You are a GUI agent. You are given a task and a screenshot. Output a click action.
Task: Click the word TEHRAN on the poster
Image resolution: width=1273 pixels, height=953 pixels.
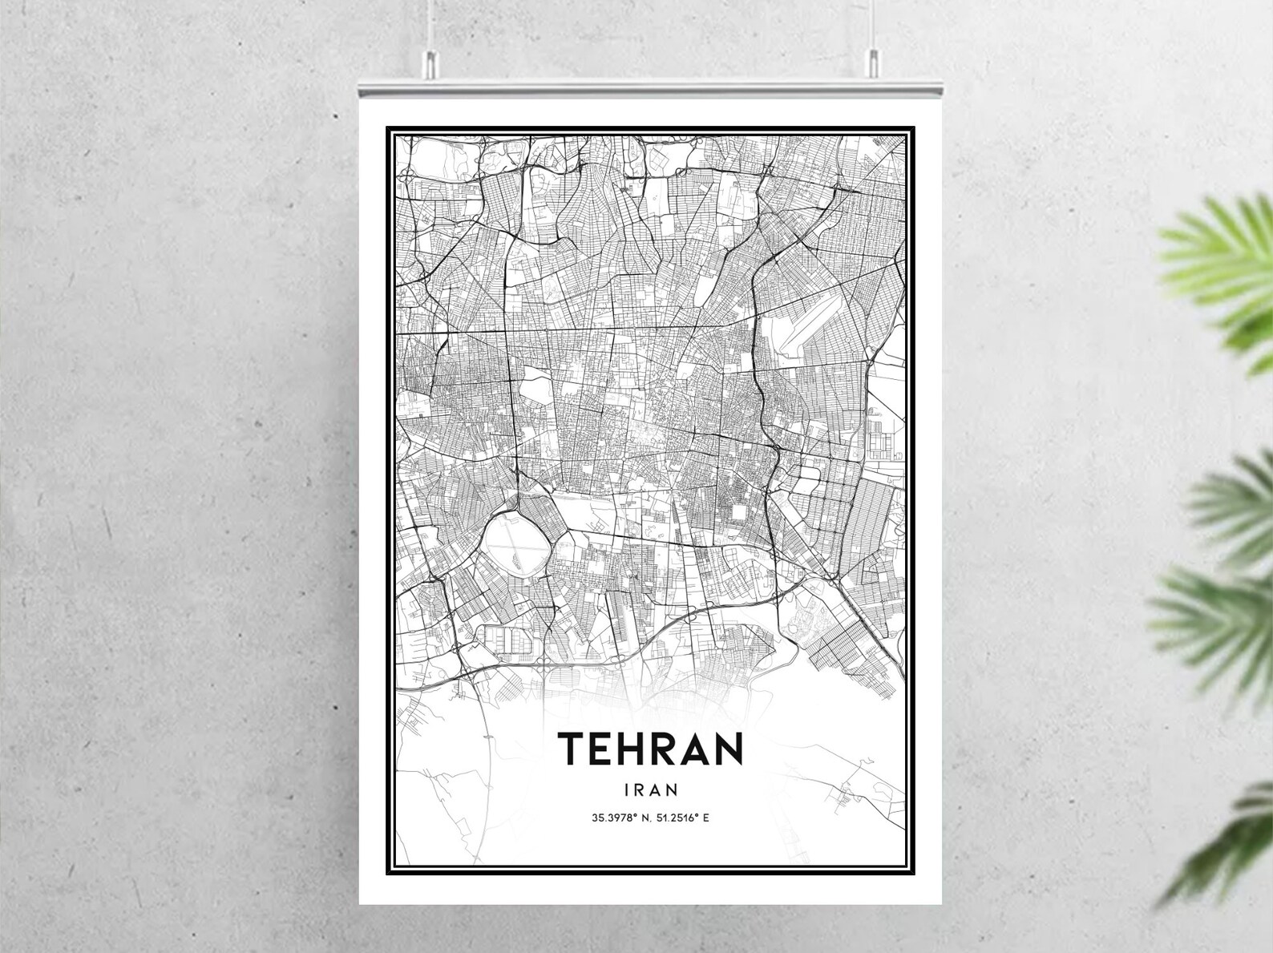click(x=651, y=749)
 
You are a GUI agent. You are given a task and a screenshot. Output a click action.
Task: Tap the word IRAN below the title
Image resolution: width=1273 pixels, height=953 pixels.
click(x=651, y=790)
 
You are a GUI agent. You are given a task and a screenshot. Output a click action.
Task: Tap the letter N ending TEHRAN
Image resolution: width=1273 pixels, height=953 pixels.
click(x=728, y=749)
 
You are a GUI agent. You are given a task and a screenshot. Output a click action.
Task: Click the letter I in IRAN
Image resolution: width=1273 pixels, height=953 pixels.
click(x=625, y=790)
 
